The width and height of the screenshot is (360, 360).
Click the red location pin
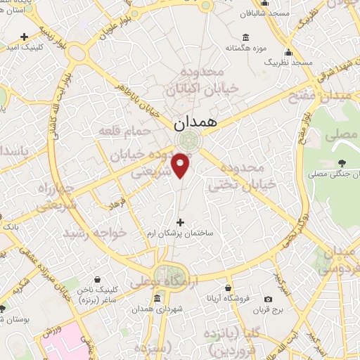182,165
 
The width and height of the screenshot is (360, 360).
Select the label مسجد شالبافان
264,13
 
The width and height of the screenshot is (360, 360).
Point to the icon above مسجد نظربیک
288,52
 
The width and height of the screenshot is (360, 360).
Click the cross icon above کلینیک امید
25,36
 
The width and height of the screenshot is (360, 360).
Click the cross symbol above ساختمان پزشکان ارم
180,221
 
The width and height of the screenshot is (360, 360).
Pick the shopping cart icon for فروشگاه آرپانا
228,287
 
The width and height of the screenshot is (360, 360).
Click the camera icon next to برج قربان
268,299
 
